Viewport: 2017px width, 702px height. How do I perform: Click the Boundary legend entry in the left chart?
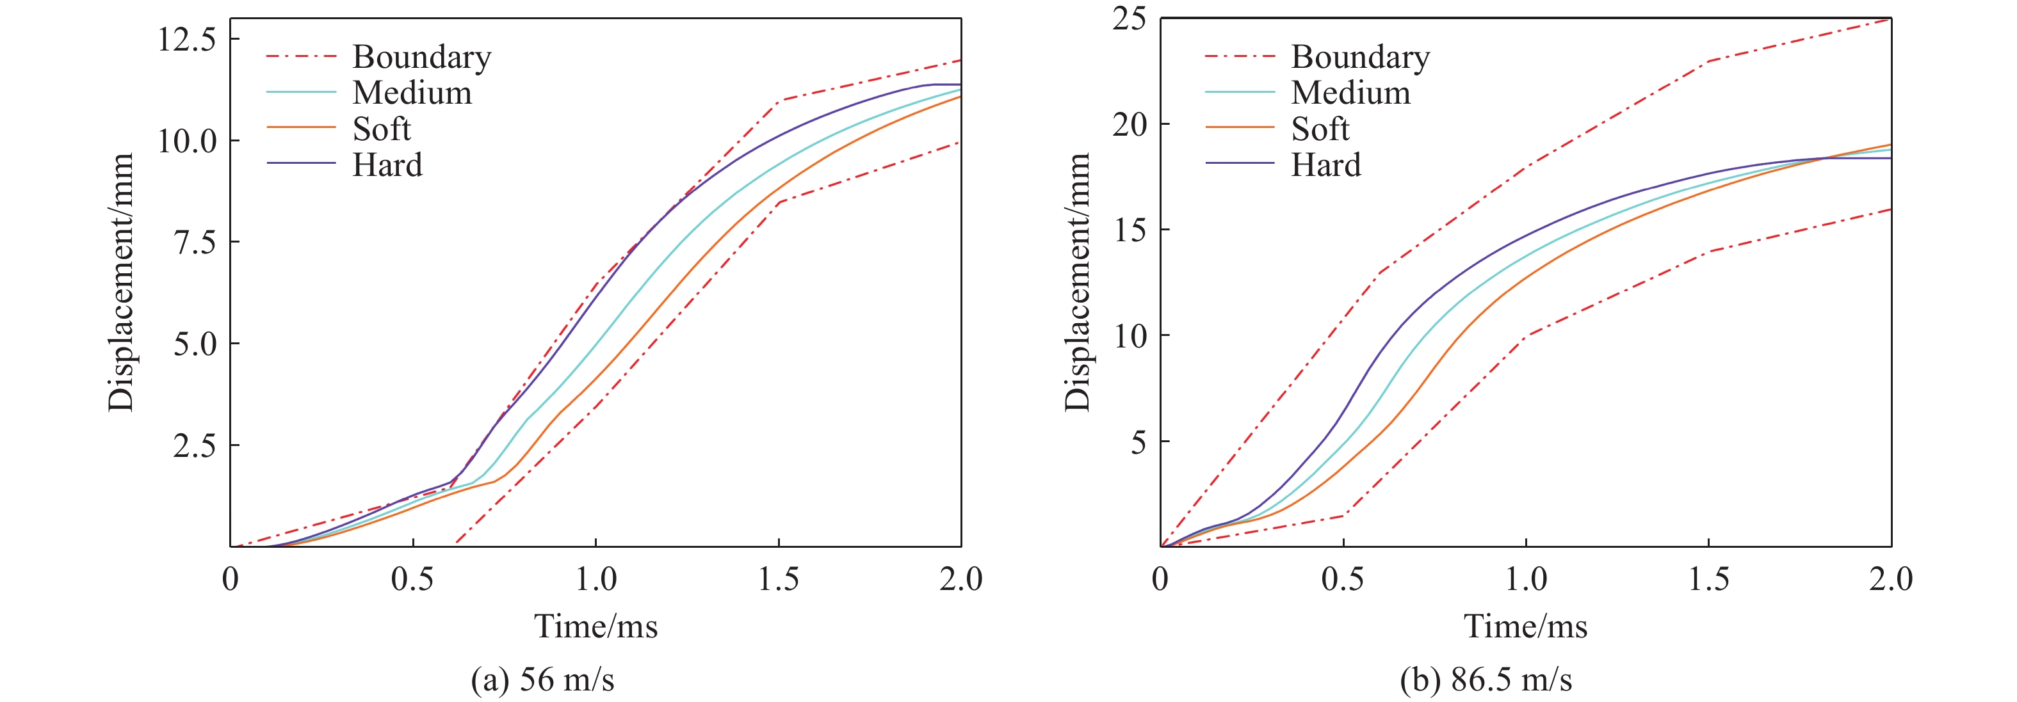(421, 57)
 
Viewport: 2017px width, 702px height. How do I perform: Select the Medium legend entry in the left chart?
(412, 93)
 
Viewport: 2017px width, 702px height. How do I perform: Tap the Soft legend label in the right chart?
(1320, 129)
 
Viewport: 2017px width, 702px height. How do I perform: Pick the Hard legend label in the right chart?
(1325, 165)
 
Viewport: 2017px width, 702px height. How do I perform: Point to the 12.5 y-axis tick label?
(187, 39)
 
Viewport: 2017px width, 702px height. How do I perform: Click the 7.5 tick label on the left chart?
(195, 243)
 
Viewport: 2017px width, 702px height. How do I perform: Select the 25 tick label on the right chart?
(1129, 19)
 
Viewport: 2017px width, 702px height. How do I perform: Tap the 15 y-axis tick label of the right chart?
(1129, 230)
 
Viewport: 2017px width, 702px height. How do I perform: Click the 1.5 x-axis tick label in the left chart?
(778, 580)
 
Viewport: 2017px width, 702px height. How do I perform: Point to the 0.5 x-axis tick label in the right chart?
(1343, 580)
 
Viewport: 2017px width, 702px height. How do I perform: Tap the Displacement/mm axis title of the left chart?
(122, 282)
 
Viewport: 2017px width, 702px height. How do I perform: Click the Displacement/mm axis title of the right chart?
(1078, 282)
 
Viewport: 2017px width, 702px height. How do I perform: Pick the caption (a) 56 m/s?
(542, 680)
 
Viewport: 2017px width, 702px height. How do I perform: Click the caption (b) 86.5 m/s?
(1486, 680)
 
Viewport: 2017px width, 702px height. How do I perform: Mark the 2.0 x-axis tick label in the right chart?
(1890, 580)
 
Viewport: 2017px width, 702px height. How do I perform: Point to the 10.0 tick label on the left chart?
(187, 141)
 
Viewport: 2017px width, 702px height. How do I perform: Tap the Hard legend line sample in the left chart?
(301, 164)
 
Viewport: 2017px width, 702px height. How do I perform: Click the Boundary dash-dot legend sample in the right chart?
(1240, 56)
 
